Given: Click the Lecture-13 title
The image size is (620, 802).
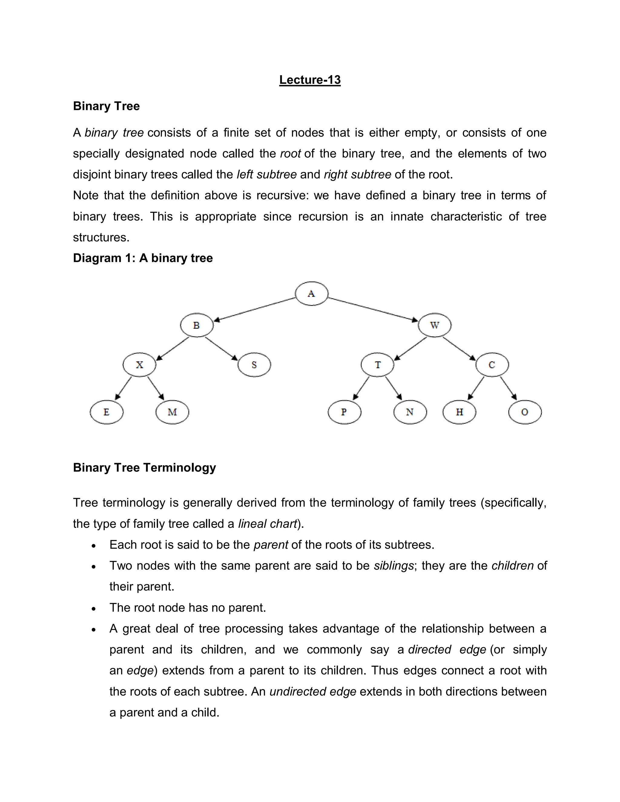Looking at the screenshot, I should (310, 80).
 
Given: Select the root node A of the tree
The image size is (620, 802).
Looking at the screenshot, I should (312, 293).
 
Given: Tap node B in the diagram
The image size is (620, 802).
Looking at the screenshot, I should (196, 325).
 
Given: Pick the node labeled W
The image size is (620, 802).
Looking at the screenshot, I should (434, 325).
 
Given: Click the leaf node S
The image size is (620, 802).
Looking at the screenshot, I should (254, 365).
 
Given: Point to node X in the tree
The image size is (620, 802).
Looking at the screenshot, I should (140, 365).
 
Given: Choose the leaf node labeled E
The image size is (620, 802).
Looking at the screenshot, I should (107, 412).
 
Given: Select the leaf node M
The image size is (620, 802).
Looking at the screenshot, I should (172, 412).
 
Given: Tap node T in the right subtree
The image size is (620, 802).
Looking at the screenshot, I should (378, 365).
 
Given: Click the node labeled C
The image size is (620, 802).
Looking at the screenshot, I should (492, 365).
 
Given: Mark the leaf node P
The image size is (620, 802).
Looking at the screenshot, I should (344, 412).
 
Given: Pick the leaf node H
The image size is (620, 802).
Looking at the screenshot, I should (460, 412).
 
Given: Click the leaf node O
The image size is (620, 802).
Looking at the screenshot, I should (525, 412).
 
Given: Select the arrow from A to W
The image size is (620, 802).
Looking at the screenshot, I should (373, 309).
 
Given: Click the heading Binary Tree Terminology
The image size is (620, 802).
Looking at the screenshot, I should (144, 468).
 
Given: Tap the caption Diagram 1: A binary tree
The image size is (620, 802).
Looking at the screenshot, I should (143, 258).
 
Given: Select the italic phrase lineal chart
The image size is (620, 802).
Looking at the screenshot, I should (267, 524).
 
